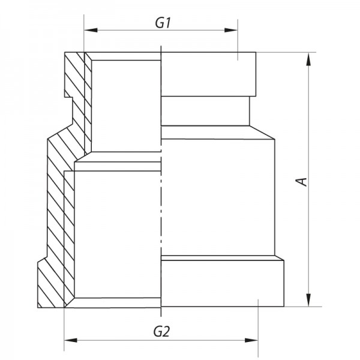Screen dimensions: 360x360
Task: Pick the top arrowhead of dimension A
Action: (x=308, y=58)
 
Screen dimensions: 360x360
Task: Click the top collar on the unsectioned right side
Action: (x=210, y=74)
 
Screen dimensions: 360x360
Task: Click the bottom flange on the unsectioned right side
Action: (x=222, y=282)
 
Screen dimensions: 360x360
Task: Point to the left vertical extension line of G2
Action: (x=64, y=327)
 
